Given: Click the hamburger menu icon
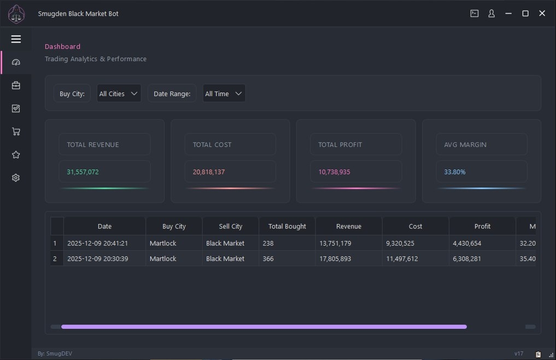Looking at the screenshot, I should point(16,39).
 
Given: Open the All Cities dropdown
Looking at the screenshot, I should point(119,93).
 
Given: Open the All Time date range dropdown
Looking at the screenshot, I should point(224,93).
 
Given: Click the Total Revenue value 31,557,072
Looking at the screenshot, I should point(83,172).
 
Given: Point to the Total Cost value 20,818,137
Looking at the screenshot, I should point(209,172).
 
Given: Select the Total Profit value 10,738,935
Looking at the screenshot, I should point(334,172).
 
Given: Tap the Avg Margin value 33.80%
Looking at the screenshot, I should point(455,172).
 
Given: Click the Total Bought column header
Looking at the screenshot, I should point(287,226).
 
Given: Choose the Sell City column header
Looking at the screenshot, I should point(231,226).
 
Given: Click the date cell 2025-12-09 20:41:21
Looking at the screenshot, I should point(97,243).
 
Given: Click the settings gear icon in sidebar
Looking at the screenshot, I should point(16,178).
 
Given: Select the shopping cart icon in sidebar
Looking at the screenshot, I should point(16,132).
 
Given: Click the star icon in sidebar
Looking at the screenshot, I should point(16,155).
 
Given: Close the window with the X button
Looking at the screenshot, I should point(542,14).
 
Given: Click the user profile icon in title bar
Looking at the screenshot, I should point(491,14).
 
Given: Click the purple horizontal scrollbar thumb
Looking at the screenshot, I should point(264,327).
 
